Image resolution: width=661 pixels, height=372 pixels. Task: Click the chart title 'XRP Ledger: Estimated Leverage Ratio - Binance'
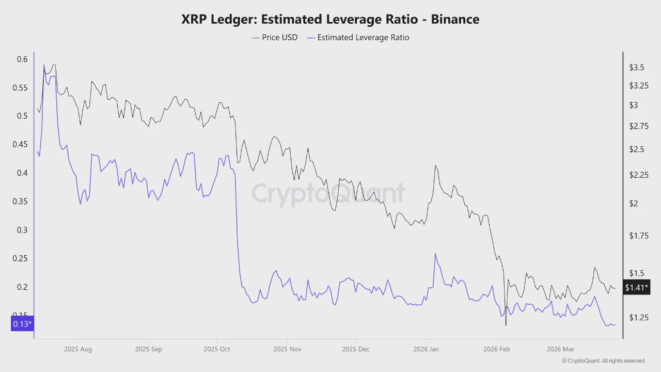tap(330, 20)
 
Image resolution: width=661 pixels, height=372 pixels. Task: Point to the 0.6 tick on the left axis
tap(22, 59)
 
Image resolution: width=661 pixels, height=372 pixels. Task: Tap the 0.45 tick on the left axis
tap(20, 145)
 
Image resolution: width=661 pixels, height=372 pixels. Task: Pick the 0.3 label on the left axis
tap(22, 230)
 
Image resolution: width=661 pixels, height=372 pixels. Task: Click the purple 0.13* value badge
tap(22, 324)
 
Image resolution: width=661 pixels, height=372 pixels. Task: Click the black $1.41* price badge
tap(636, 287)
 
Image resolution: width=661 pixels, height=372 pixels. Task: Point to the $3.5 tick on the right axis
tap(637, 68)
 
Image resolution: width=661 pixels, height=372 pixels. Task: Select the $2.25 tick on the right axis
tap(638, 175)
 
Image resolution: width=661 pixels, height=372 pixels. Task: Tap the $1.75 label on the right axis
tap(638, 236)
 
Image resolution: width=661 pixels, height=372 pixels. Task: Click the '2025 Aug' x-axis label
tap(78, 349)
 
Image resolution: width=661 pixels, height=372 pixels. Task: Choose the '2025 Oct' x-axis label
tap(217, 349)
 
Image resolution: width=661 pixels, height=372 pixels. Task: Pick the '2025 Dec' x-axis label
tap(355, 349)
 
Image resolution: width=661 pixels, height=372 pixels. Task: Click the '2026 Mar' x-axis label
tap(560, 349)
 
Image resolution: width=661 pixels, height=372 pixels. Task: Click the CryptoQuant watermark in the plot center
tap(328, 194)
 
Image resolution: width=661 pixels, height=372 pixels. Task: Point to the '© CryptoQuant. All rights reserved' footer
tap(603, 361)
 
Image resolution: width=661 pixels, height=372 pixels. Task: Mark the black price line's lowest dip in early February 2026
tap(506, 325)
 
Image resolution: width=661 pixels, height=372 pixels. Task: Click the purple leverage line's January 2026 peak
tap(435, 254)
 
